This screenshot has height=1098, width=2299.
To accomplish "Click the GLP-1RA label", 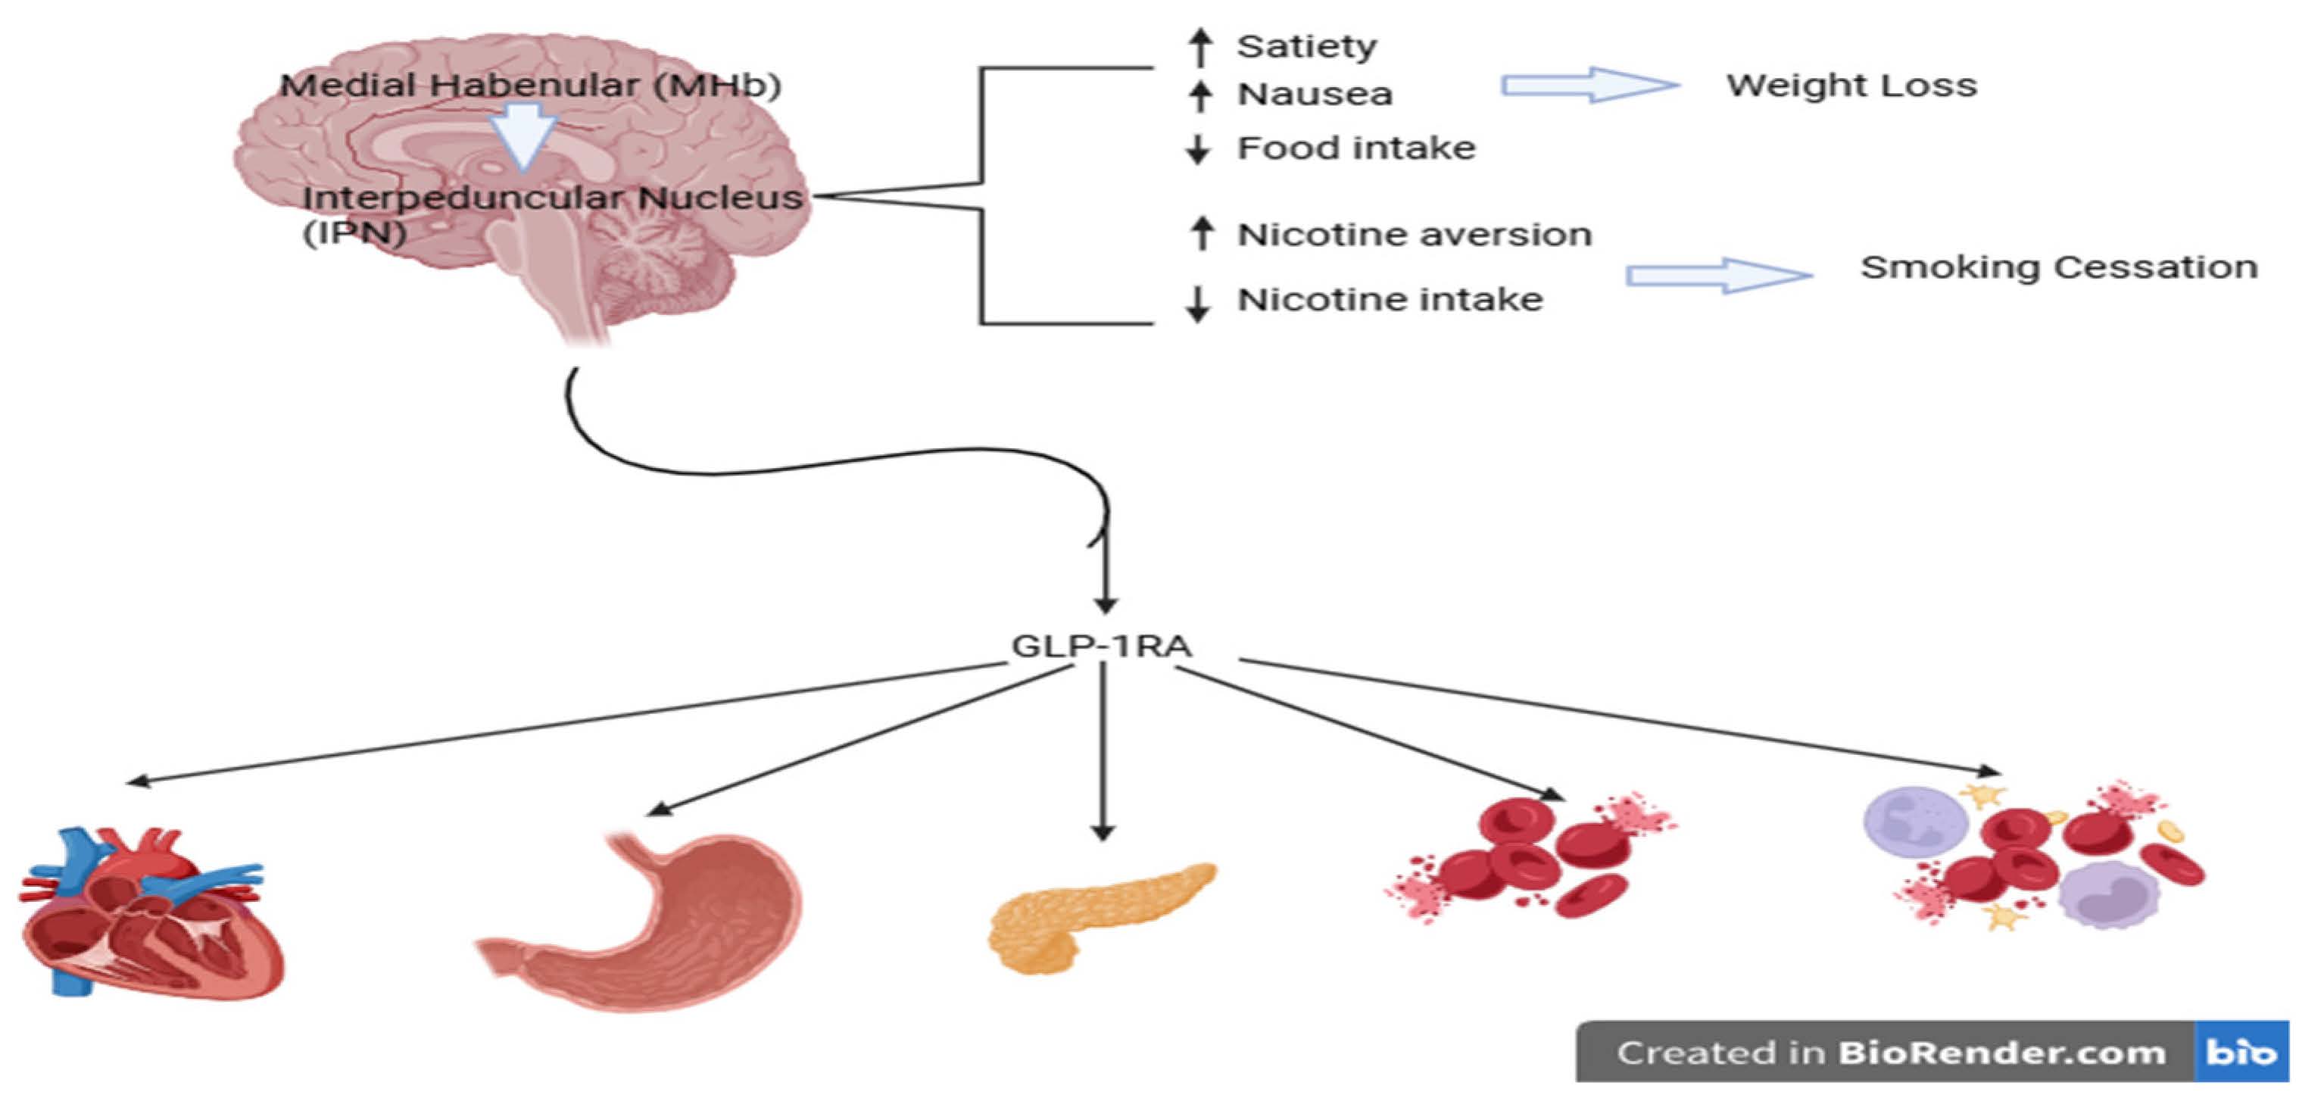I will coord(1100,645).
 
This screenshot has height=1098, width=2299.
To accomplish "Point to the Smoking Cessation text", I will coord(2058,267).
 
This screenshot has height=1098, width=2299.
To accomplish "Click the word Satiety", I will coord(1305,46).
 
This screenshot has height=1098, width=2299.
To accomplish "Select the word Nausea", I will coord(1314,95).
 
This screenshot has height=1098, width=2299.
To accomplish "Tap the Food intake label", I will coord(1355,148).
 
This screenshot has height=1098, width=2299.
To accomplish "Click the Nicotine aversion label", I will coord(1414,235).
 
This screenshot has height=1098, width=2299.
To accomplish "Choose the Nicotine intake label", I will coord(1390,300).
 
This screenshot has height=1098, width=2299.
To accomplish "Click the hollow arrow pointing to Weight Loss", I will coord(1589,86).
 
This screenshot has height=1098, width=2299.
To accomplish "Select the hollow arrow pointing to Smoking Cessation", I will coord(1717,275).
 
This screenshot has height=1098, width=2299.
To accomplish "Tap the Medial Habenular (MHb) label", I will coord(530,86).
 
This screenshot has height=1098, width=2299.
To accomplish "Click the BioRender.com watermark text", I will coord(1999,1053).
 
